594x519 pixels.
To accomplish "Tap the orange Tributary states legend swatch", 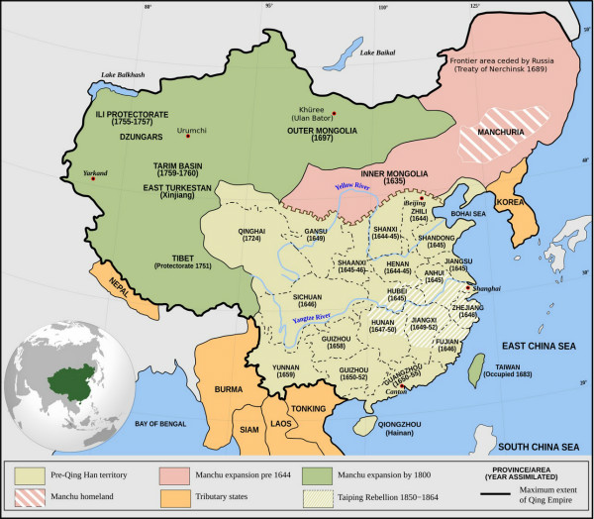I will coord(180,492).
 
